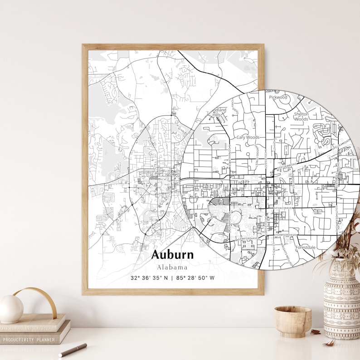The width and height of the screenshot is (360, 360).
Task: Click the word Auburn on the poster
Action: click(x=172, y=254)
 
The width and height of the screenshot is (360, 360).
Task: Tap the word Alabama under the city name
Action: click(x=172, y=267)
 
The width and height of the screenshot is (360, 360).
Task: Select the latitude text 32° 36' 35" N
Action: click(x=149, y=278)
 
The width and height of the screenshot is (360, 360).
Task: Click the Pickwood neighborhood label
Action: click(x=278, y=97)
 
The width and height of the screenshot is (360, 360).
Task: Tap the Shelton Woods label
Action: click(x=301, y=117)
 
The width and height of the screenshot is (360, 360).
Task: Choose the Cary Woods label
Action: click(x=248, y=137)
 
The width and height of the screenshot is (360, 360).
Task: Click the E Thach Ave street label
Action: click(x=283, y=208)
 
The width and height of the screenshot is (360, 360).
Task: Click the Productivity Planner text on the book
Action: click(x=28, y=340)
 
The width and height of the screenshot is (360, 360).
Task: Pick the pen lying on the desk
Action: click(x=73, y=350)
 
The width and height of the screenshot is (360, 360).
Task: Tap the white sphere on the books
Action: click(x=11, y=309)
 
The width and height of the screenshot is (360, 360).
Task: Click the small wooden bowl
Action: click(x=292, y=321)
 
